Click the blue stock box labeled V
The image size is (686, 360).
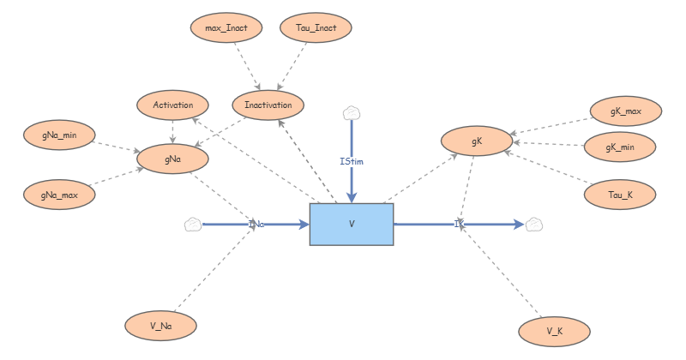(x=351, y=225)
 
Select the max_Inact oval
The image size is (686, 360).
(x=226, y=28)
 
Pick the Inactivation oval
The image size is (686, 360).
(x=268, y=105)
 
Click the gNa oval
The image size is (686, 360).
(x=173, y=158)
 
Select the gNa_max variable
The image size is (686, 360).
(x=59, y=194)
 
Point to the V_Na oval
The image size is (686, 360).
(x=161, y=325)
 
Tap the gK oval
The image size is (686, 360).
(x=477, y=141)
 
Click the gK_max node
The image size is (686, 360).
(x=626, y=111)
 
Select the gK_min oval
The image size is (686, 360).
(x=620, y=147)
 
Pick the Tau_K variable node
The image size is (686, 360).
(x=620, y=195)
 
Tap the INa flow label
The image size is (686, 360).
(x=256, y=225)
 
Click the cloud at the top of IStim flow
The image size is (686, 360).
(x=351, y=113)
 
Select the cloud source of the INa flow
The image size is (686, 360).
(x=192, y=225)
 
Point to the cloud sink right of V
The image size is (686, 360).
(x=533, y=225)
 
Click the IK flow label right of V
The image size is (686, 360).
(x=459, y=225)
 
